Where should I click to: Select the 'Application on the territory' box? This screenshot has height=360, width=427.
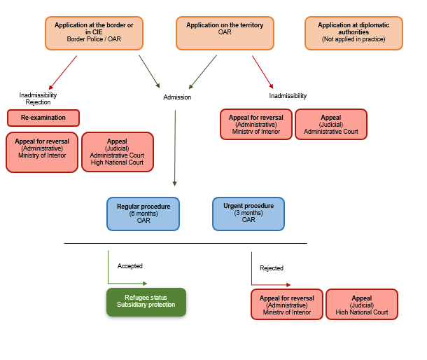click(225, 33)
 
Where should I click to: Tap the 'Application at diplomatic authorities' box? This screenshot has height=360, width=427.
click(354, 33)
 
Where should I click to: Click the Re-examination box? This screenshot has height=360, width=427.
click(43, 118)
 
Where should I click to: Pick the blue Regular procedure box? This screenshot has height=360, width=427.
click(144, 214)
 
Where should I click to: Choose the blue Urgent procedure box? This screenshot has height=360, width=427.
click(248, 214)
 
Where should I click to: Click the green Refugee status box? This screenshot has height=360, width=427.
click(146, 302)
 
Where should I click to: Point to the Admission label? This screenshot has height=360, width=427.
click(177, 97)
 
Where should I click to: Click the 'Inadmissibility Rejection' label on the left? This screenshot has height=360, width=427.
click(38, 98)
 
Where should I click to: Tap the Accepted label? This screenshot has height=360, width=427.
click(130, 266)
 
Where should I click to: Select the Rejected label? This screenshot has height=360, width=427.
click(272, 268)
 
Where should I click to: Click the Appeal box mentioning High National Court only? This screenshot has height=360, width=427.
click(362, 304)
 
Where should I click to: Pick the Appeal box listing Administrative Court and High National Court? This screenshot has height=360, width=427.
click(117, 152)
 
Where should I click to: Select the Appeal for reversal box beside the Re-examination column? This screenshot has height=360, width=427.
click(42, 152)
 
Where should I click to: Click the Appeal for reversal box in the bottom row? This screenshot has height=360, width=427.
click(287, 304)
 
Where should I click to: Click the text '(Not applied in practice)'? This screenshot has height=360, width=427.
click(354, 39)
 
